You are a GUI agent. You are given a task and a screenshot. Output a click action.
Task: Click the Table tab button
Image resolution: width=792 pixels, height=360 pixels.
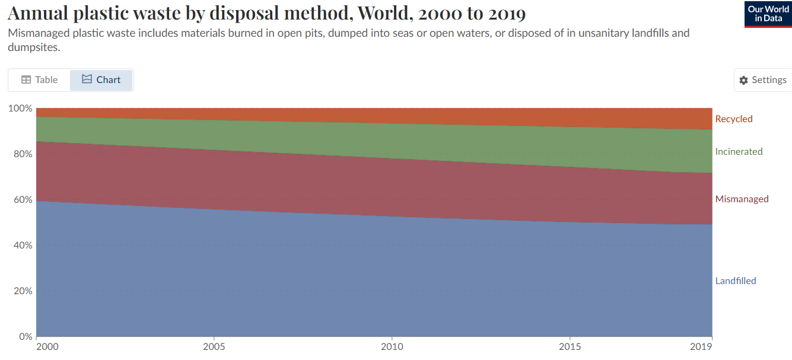tap(39, 80)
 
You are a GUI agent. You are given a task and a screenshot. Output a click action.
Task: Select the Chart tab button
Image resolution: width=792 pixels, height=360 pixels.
tap(101, 80)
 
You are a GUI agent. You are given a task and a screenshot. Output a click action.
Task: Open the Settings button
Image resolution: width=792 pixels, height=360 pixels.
tap(762, 80)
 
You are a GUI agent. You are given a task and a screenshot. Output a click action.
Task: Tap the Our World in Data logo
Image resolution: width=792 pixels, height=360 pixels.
tap(768, 14)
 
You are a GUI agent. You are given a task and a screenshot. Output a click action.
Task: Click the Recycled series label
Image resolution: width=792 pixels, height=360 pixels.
tap(733, 119)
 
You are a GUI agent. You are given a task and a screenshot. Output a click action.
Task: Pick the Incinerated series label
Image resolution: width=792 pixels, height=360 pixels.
tap(739, 152)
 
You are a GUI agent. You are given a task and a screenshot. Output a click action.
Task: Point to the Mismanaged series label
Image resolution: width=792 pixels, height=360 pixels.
tap(742, 199)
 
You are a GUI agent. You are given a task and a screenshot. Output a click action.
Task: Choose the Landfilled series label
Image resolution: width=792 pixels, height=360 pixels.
tap(736, 281)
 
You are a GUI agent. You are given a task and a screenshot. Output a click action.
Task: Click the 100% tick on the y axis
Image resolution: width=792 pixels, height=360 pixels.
tap(20, 109)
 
